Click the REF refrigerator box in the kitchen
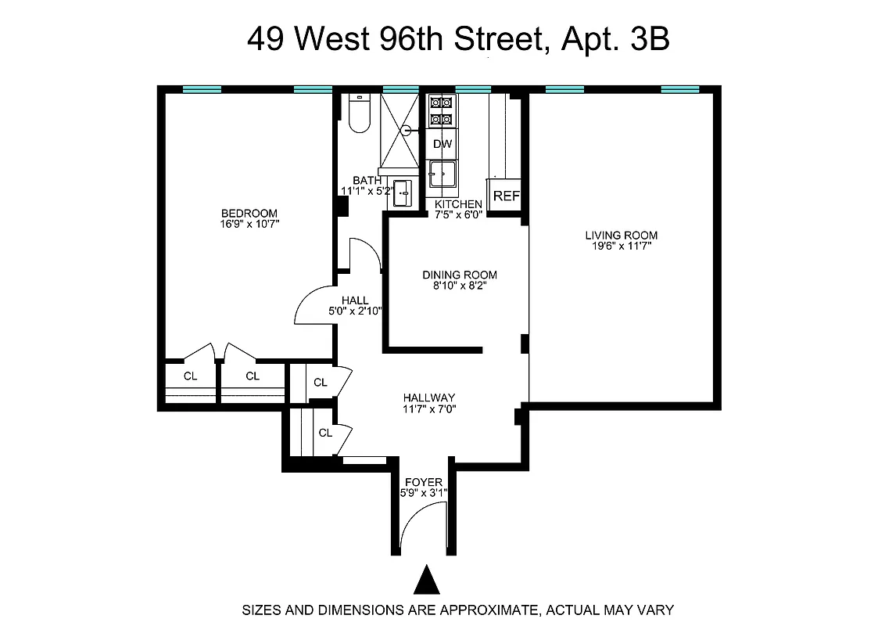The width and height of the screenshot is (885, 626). tap(506, 196)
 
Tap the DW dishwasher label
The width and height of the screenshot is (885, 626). tap(442, 144)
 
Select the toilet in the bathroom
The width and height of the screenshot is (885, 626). tap(359, 114)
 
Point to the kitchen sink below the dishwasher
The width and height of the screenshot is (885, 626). tap(442, 174)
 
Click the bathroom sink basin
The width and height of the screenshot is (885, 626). tap(403, 192)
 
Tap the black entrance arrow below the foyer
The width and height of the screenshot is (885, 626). tap(426, 581)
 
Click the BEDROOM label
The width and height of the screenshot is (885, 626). tap(249, 213)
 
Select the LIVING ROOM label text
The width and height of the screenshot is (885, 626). tap(622, 235)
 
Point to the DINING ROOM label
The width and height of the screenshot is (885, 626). tap(460, 275)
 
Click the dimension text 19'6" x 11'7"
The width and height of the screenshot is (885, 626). tap(622, 246)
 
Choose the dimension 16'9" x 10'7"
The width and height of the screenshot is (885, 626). tap(249, 224)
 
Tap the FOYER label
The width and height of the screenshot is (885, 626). tap(423, 482)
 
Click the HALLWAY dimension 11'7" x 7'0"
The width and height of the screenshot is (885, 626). tap(429, 408)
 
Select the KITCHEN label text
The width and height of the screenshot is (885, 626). tap(458, 204)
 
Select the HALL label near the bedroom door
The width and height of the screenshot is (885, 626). tap(355, 300)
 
